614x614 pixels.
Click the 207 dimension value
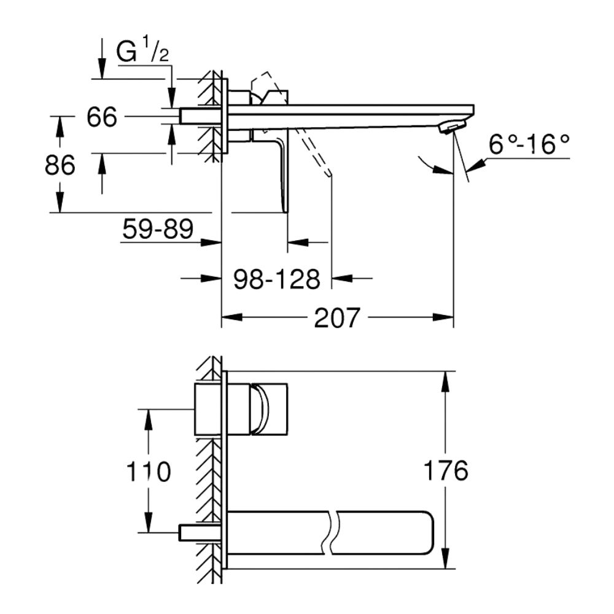(336, 317)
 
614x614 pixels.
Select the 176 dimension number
(446, 470)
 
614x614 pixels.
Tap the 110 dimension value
(149, 471)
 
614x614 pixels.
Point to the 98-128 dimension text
(277, 279)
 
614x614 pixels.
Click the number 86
(60, 165)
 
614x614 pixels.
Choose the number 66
(102, 117)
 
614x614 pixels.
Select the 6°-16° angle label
(529, 144)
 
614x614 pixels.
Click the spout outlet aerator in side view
(451, 128)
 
